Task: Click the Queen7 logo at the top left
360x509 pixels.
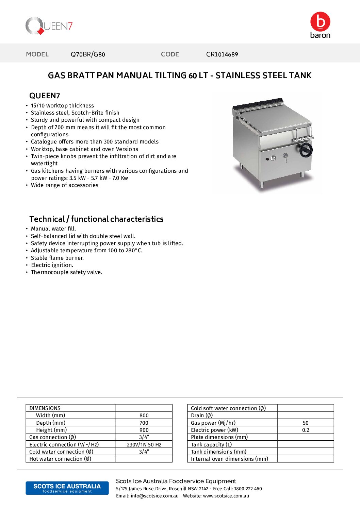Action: point(49,26)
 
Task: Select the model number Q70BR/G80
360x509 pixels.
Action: point(88,54)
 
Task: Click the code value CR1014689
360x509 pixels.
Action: point(222,54)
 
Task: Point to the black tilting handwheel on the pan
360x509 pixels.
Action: point(306,150)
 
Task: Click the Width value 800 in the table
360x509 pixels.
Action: point(144,415)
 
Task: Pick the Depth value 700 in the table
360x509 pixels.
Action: point(144,423)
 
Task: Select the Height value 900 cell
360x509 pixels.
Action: point(144,430)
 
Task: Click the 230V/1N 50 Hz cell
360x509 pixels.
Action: point(144,445)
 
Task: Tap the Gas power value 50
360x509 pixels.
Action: point(306,423)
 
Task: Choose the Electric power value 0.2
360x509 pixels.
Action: point(306,430)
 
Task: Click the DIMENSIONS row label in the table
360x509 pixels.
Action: point(45,408)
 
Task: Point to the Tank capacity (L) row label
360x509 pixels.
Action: point(211,445)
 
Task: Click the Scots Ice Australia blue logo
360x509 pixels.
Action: point(67,488)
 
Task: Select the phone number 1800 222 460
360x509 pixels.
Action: point(248,489)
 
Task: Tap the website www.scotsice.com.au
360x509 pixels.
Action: point(226,496)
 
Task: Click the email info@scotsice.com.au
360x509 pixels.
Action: point(154,496)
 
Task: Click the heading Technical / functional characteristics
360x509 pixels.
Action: point(96,219)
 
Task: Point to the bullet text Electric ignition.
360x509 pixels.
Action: point(52,265)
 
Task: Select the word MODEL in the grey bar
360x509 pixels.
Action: point(37,54)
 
